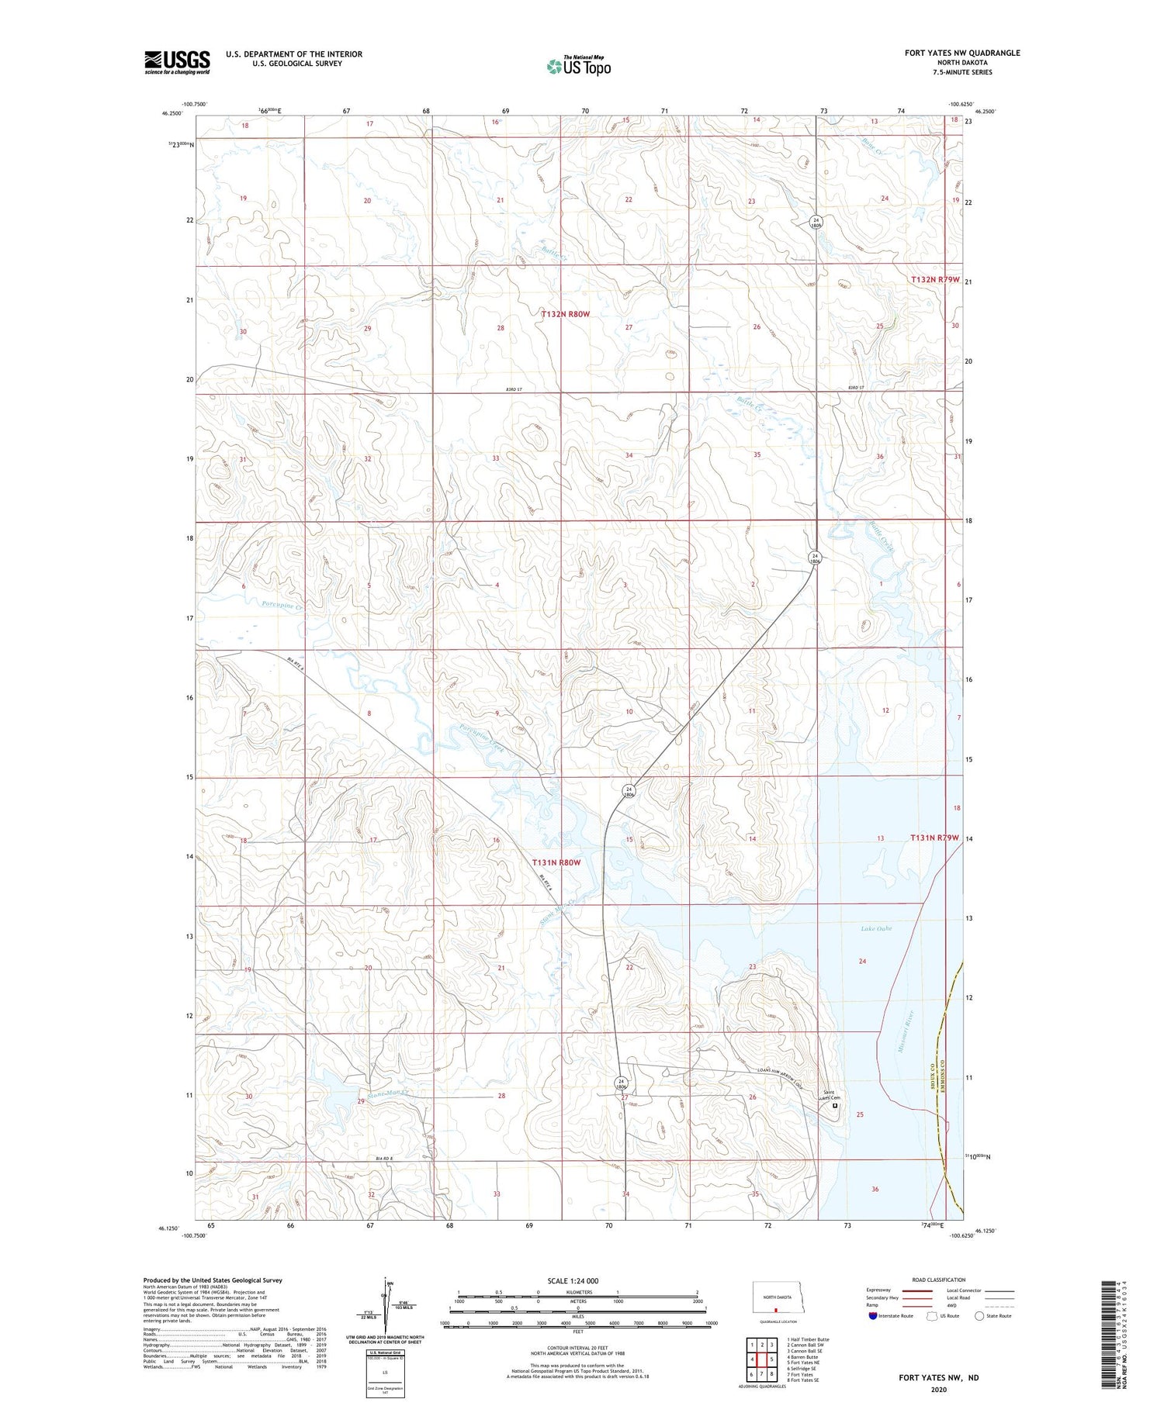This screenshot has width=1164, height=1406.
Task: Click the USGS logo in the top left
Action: [177, 62]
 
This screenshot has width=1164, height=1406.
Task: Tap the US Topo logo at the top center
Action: [579, 66]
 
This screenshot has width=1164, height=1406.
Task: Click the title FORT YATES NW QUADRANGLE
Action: [962, 53]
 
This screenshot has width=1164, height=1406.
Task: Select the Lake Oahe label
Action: [876, 928]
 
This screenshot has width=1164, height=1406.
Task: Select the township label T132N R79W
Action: [935, 279]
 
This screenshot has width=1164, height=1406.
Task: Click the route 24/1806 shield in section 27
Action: [621, 1083]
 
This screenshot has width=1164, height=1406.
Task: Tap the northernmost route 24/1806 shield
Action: [816, 222]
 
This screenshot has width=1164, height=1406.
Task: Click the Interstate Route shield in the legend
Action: [872, 1315]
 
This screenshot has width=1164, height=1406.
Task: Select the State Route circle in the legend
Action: [980, 1315]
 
